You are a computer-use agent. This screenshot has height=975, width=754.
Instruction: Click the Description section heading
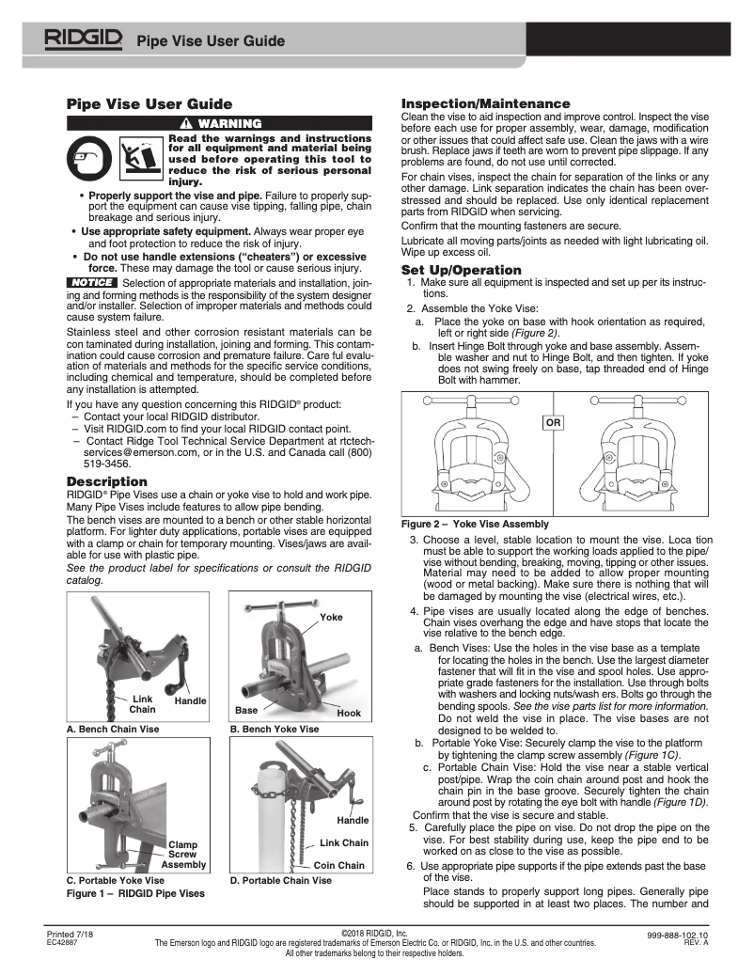[x=106, y=481]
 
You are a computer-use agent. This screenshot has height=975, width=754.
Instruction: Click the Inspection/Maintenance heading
[x=485, y=103]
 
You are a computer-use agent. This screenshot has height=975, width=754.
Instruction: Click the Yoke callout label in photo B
[x=331, y=618]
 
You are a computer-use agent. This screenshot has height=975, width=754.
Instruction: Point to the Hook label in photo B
[x=348, y=714]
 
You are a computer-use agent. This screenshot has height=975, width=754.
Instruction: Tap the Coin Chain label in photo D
[x=338, y=865]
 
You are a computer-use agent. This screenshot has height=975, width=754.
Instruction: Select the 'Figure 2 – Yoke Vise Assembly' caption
[x=475, y=524]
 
